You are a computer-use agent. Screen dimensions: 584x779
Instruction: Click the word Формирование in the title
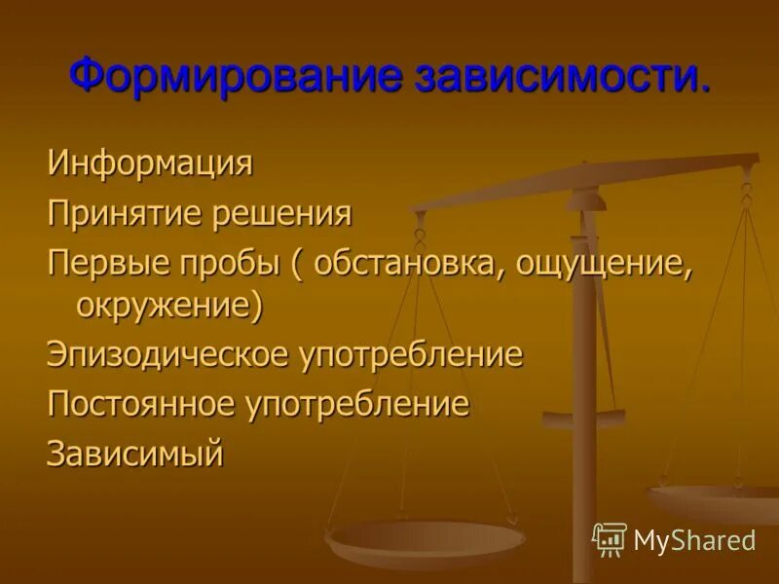click(234, 77)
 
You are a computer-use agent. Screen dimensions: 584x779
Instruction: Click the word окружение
click(167, 306)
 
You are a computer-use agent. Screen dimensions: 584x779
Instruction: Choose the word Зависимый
click(135, 453)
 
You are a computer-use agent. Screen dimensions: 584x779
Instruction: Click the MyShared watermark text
click(694, 540)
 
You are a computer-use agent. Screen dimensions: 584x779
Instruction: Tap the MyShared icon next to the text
click(610, 539)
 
